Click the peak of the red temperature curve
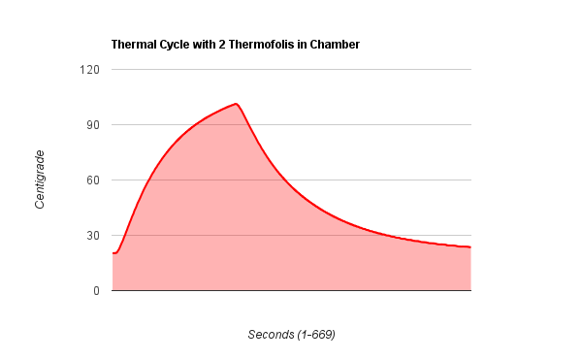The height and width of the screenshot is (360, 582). [x=236, y=103]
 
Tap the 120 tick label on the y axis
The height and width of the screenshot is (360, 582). [x=90, y=70]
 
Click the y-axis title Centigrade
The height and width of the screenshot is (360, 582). [x=41, y=180]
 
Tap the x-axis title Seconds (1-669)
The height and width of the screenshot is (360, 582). [x=291, y=335]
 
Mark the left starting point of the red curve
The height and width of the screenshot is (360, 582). [x=113, y=253]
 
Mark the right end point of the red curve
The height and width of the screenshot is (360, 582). [x=470, y=247]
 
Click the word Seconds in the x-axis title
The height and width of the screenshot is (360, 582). [x=271, y=335]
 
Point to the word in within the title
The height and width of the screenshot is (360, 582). [x=304, y=45]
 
